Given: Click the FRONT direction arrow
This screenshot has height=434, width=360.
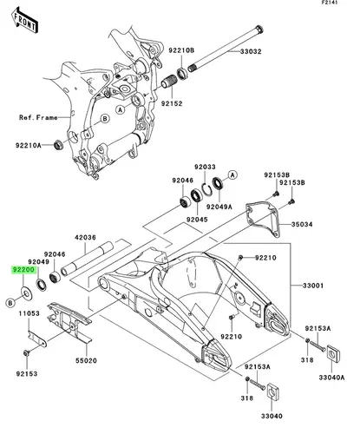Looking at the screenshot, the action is point(25,21).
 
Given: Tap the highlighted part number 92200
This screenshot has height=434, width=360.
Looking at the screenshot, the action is point(23,270).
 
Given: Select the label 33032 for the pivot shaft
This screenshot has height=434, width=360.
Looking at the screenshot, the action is point(251,51).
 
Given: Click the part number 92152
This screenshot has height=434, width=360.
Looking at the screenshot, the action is point(172,103).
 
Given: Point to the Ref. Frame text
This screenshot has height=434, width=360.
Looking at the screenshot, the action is point(38,117).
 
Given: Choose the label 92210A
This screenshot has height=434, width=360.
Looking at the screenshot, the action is point(29,145).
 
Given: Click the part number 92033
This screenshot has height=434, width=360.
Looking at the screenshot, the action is point(205,167).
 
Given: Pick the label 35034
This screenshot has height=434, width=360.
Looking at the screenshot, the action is point(302,224).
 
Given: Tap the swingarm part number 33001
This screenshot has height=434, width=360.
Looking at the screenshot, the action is point(313,286).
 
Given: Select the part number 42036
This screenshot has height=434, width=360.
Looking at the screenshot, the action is point(85,238).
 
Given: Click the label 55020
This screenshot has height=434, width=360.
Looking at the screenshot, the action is point(86,360).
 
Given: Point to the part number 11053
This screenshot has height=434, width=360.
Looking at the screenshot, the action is point(29,313).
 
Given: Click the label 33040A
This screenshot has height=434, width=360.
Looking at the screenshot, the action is point(331,378).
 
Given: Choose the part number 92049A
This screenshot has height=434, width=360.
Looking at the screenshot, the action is point(219,207).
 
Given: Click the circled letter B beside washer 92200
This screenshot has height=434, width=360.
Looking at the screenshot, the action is point(10,303).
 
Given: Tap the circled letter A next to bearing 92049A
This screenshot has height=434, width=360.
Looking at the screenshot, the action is point(232,174).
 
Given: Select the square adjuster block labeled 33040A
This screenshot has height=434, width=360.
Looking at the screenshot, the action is point(333,353).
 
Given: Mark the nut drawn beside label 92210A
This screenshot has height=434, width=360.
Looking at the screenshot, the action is point(59,145).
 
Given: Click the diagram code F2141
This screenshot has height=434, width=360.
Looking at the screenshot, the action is point(330,3).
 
